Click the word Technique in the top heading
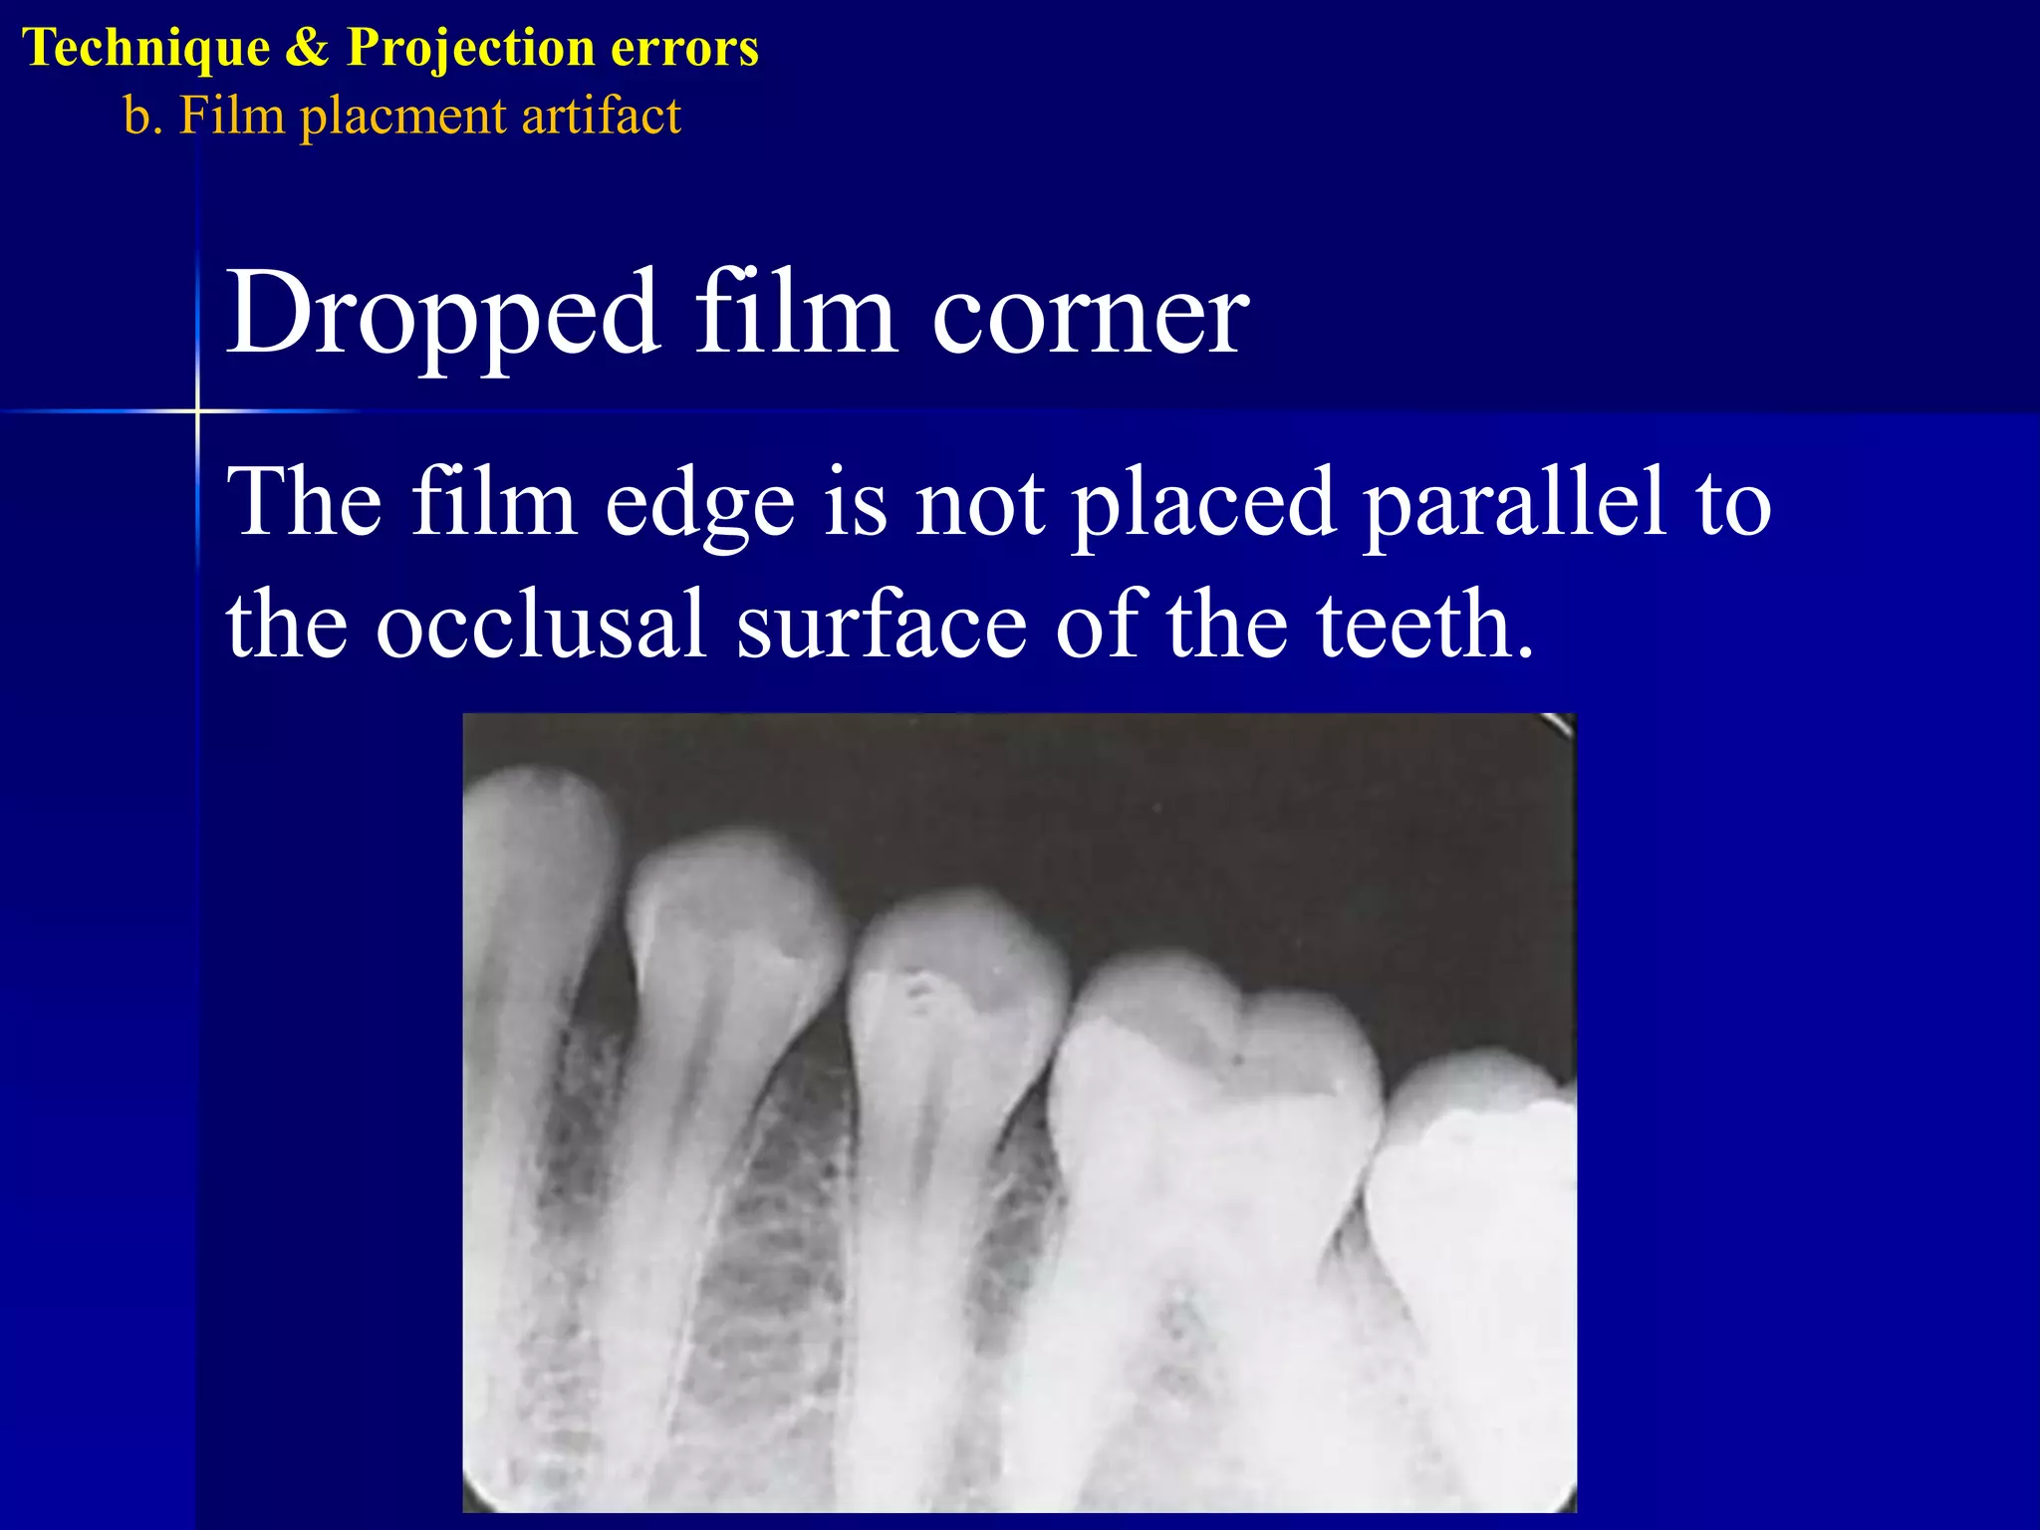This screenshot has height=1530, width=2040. pos(146,48)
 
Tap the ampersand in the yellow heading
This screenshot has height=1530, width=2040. pos(307,48)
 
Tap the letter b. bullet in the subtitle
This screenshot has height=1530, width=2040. pos(142,116)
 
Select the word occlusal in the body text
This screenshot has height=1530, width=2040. pos(541,625)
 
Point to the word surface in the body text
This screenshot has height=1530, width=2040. pos(882,625)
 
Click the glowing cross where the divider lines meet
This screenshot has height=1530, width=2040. pos(197,410)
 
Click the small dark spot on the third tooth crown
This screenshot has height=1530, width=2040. pos(917,987)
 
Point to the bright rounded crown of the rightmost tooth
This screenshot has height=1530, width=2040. pos(1474,1146)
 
